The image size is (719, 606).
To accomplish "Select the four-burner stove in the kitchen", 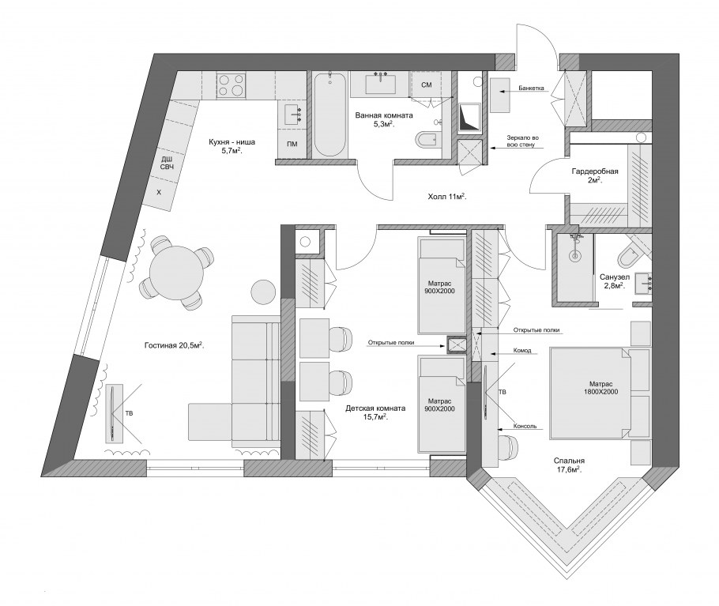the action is tap(231, 85).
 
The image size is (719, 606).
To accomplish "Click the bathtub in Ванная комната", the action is tap(329, 115).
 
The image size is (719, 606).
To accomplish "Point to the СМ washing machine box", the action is tap(427, 85).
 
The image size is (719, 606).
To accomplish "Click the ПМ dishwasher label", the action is tap(292, 144).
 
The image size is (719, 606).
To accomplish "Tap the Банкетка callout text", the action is tap(532, 88).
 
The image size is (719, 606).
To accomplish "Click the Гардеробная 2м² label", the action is tap(595, 175).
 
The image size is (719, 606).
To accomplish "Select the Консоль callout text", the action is tap(525, 426).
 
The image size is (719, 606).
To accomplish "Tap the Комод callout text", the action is tap(522, 350).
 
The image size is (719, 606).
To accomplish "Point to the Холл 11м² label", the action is tap(446, 197).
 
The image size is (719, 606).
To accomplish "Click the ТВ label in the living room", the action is tap(130, 413).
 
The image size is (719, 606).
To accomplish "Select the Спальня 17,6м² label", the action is tap(569, 465).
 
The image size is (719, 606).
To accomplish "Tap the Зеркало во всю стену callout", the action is tap(522, 141).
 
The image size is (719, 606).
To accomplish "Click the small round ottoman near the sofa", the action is tap(263, 292).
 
